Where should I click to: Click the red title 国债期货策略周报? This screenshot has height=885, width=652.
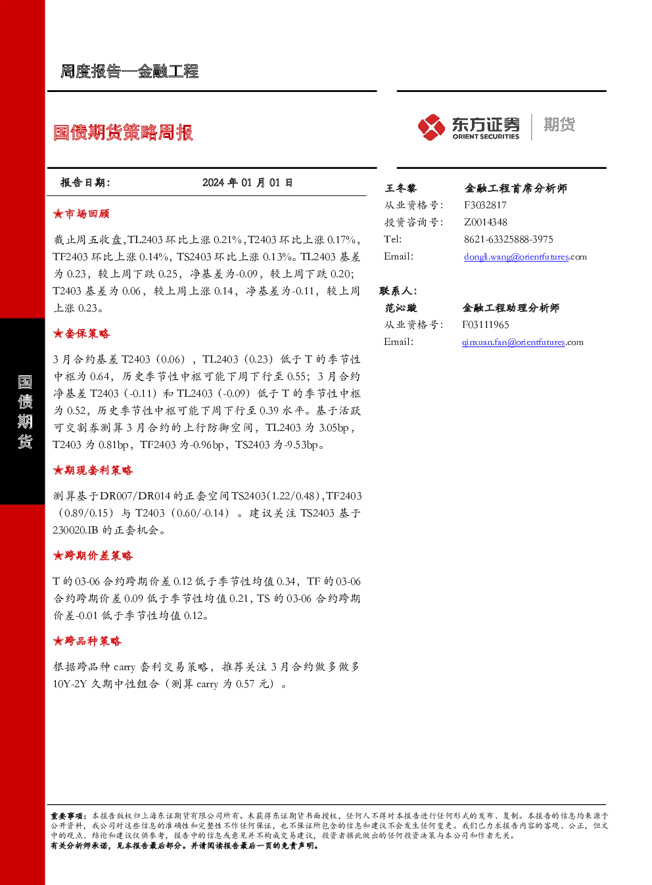click(123, 132)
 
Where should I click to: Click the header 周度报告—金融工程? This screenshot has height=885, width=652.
click(129, 71)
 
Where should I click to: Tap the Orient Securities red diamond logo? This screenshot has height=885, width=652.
click(431, 127)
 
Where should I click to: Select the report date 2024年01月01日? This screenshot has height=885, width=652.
click(247, 183)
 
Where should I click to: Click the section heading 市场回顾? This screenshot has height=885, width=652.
click(81, 214)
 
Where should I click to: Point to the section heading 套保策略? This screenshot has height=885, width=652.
click(81, 334)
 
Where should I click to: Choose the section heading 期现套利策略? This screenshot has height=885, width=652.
click(93, 470)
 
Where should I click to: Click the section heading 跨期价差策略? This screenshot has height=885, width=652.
click(93, 555)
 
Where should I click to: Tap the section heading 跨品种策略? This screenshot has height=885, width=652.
click(87, 641)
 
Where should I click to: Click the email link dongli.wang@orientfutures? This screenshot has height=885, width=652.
click(516, 257)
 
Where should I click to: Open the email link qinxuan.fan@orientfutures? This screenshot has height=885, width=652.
click(513, 342)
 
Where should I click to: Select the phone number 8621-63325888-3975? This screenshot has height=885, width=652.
click(509, 239)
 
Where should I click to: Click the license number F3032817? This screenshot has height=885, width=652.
click(485, 205)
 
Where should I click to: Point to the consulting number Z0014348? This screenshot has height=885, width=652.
click(486, 222)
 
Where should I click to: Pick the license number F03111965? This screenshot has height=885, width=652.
click(486, 325)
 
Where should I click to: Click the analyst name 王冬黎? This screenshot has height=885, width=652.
click(401, 188)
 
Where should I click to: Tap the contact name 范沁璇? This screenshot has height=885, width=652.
click(401, 307)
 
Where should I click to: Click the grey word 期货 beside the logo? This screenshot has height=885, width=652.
click(559, 124)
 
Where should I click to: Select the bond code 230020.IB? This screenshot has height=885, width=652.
click(76, 530)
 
